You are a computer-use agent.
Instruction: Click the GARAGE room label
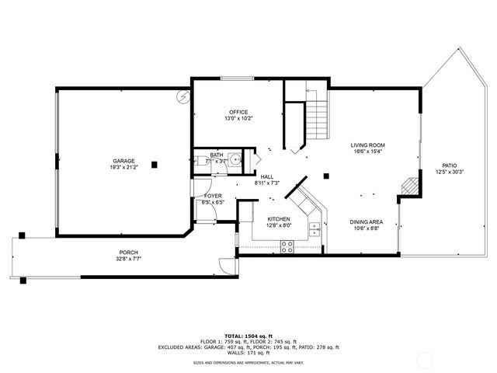[123, 160]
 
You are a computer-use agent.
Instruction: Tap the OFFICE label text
[238, 112]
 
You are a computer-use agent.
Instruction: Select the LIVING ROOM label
[368, 145]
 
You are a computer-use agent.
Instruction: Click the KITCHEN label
[279, 219]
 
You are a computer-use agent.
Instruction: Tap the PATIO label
[449, 165]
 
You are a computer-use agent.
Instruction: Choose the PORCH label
[129, 252]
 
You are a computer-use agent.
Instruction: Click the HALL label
[266, 176]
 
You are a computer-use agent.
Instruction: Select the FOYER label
[213, 196]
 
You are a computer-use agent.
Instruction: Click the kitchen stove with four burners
[287, 247]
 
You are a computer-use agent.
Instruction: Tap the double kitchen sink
[315, 228]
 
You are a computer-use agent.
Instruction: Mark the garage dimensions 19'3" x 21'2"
[123, 167]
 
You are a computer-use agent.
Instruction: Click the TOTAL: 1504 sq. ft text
[248, 332]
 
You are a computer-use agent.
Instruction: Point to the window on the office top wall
[237, 78]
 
